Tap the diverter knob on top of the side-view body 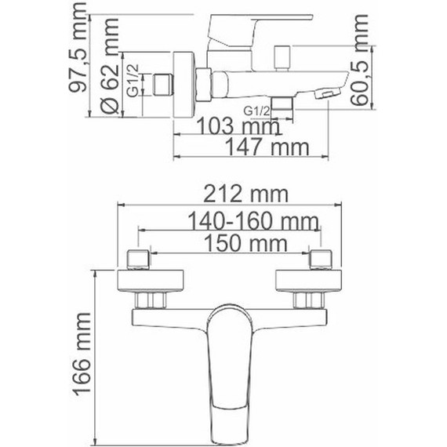point(282,56)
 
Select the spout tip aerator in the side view point(322,93)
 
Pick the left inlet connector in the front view point(138,258)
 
